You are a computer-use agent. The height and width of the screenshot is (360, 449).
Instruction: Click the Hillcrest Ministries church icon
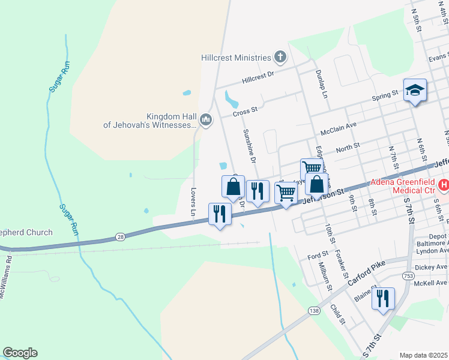point(280,58)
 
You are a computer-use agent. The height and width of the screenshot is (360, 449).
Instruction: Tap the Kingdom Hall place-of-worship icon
point(206,121)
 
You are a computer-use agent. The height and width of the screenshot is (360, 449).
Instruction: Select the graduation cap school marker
point(415,91)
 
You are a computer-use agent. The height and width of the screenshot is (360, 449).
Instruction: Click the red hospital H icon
point(444,185)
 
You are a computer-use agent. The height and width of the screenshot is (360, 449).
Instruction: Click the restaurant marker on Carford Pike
point(383,297)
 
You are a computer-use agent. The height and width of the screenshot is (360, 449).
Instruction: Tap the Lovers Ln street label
point(193,202)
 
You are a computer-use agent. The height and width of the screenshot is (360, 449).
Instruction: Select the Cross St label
point(245,112)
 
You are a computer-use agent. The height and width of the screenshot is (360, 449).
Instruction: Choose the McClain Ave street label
point(339,129)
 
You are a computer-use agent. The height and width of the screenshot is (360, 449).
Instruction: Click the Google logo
point(20,353)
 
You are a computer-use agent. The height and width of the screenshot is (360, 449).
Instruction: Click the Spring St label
point(385,95)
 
